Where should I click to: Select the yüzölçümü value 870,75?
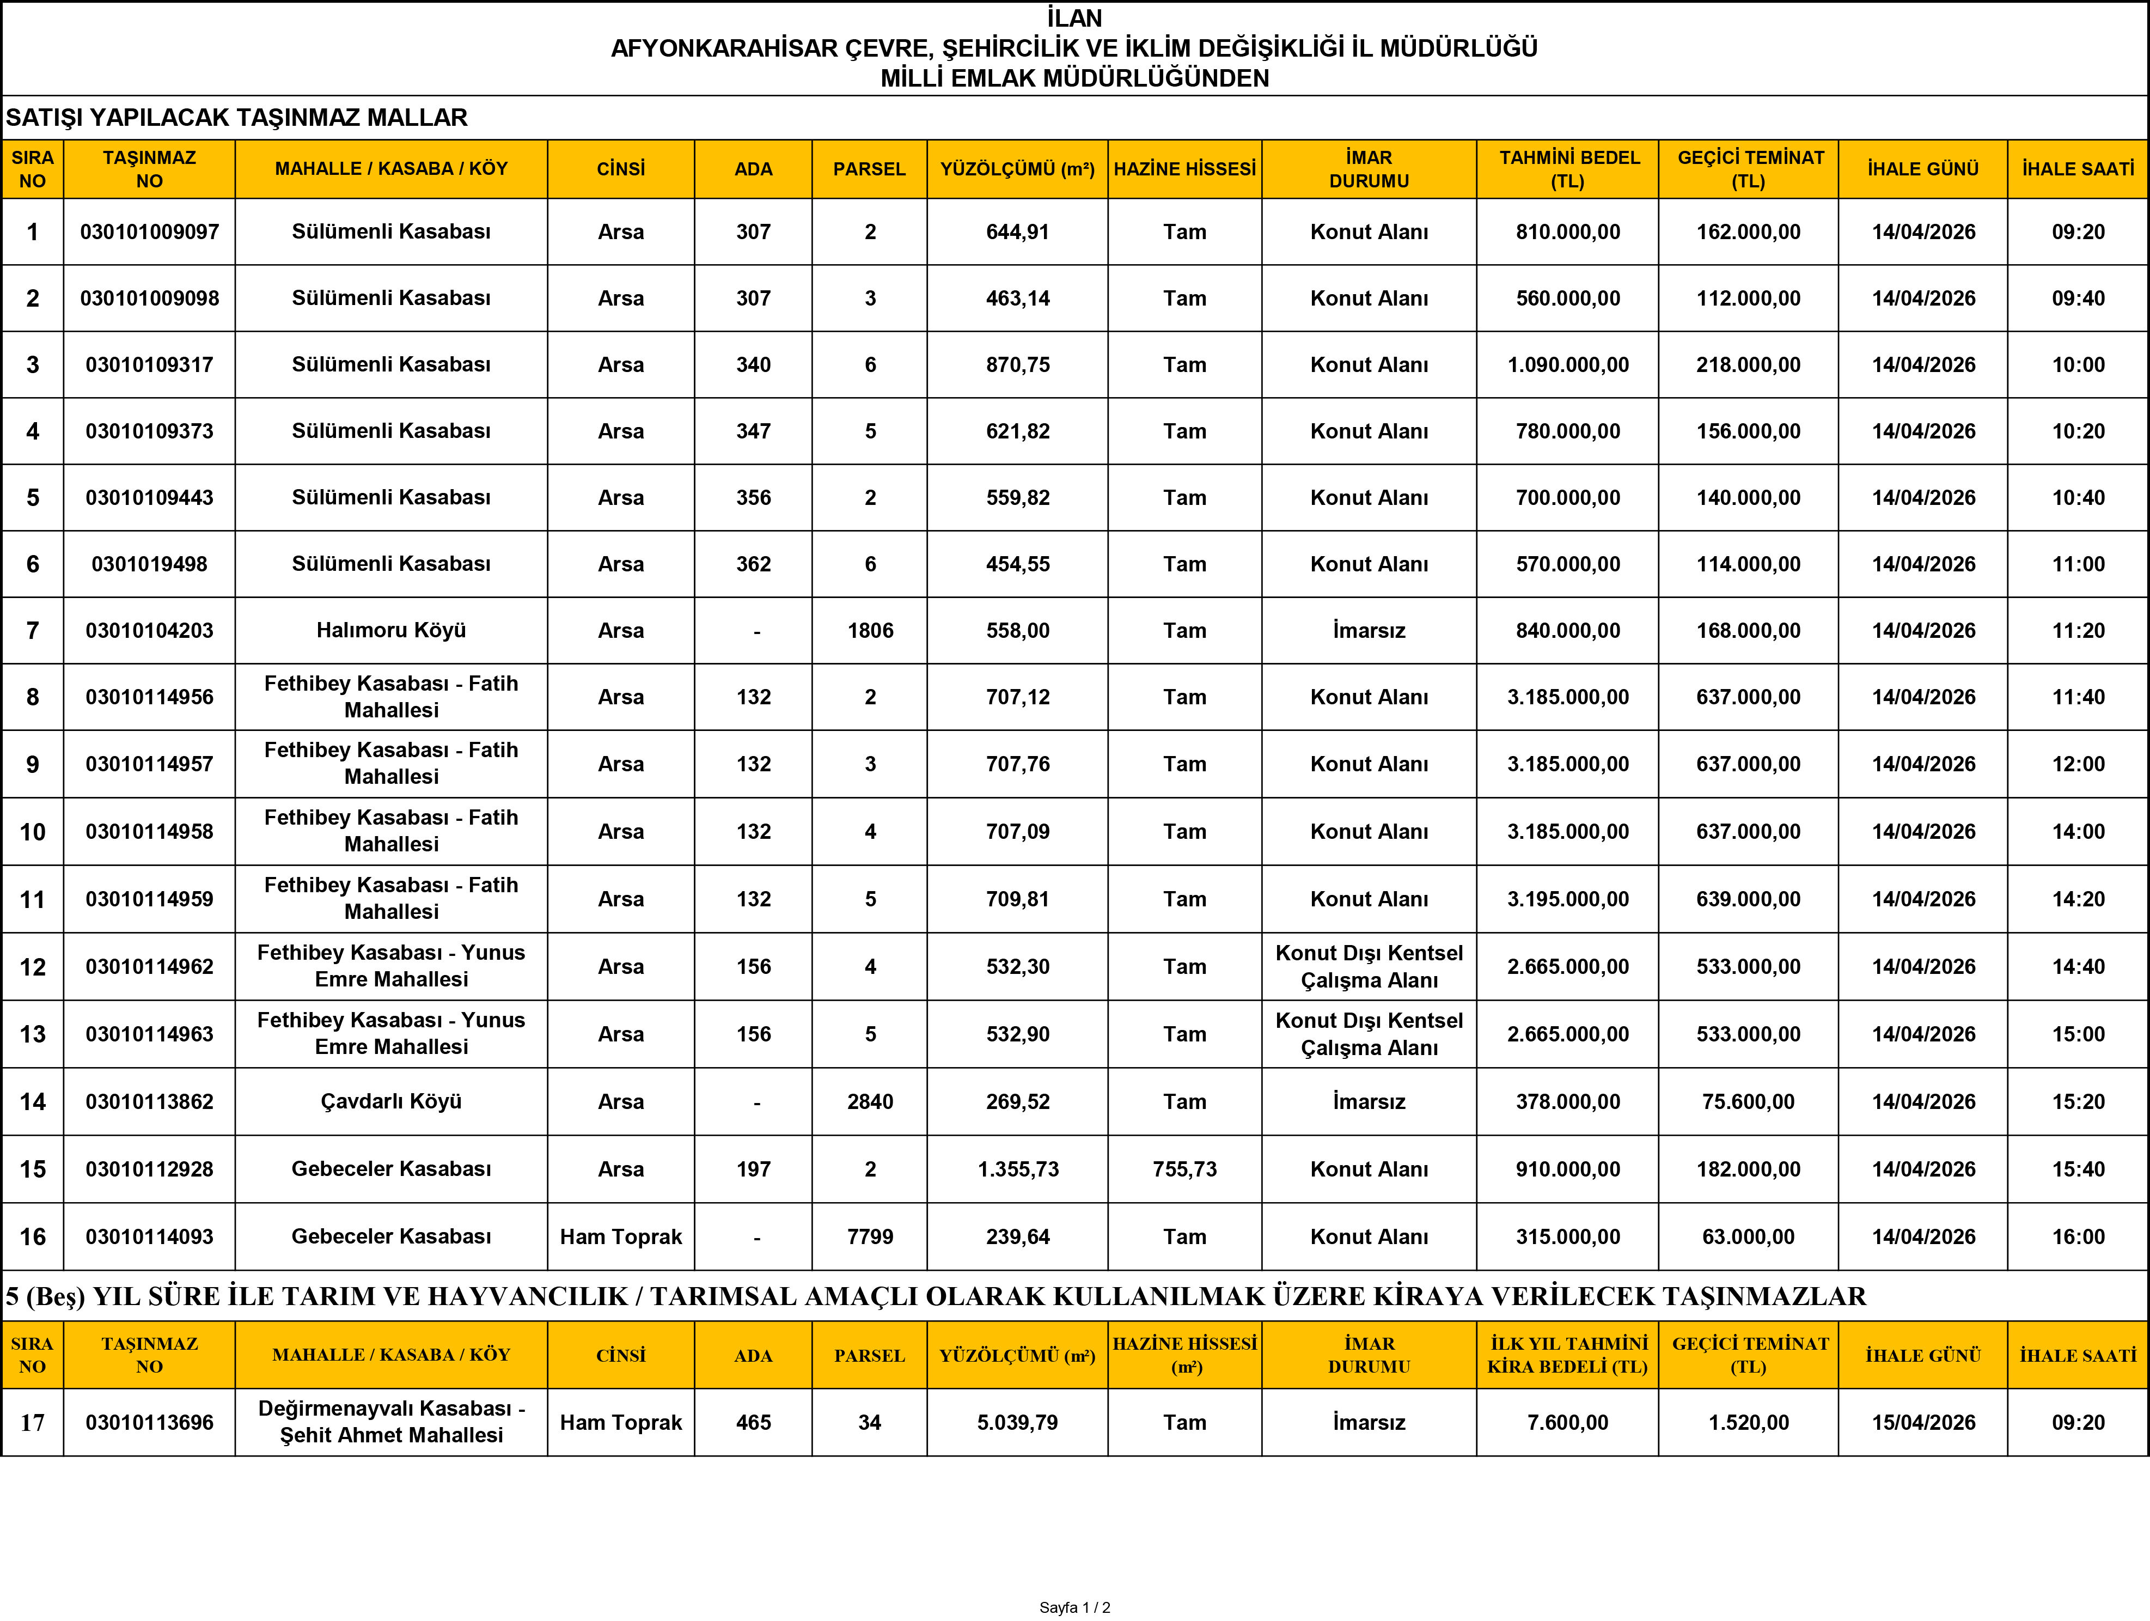1018,364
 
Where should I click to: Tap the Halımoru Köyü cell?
390,630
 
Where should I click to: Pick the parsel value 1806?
869,630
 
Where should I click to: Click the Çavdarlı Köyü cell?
390,1102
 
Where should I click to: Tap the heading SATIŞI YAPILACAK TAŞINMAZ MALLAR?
236,118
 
